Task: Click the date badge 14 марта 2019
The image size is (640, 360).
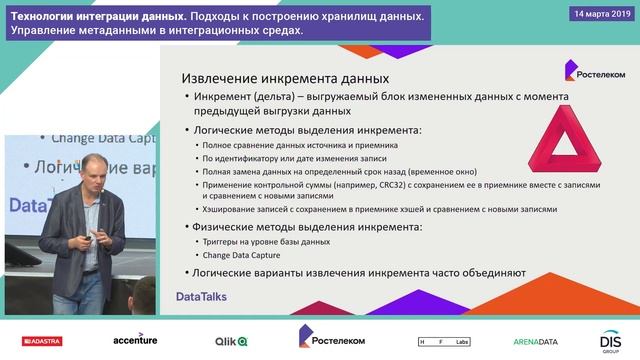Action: (x=600, y=14)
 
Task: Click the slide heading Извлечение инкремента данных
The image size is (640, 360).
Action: (x=284, y=78)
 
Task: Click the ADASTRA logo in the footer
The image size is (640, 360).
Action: (x=35, y=341)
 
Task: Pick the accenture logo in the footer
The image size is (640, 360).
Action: (x=135, y=340)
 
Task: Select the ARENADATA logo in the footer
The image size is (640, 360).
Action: (x=534, y=341)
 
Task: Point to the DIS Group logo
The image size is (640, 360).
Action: (x=612, y=341)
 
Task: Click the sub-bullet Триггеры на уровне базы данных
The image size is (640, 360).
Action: (x=264, y=241)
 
